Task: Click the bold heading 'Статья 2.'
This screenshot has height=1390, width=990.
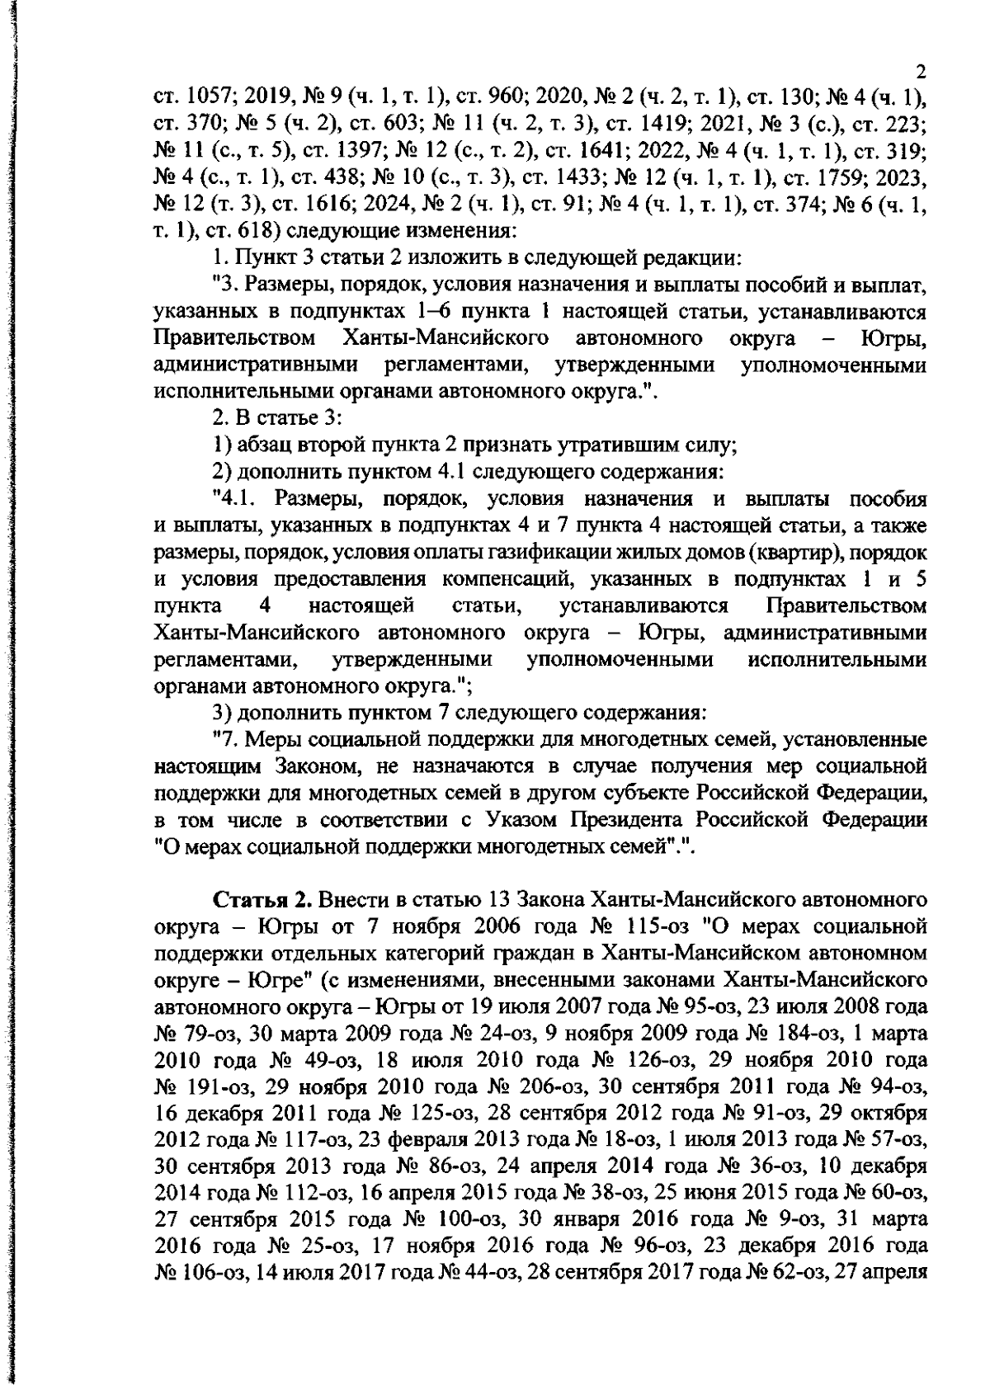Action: [263, 898]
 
